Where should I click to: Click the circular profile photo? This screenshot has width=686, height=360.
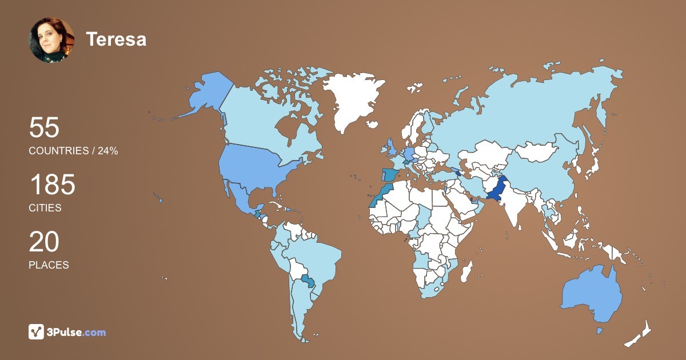tap(51, 40)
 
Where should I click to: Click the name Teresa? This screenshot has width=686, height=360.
tap(116, 39)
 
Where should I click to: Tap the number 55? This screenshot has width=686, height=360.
tap(44, 128)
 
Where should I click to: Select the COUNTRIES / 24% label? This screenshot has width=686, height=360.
tap(73, 151)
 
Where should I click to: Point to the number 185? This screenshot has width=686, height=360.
tap(52, 185)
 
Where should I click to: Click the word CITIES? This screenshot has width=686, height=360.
tap(45, 208)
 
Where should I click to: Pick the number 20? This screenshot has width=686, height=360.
tap(44, 242)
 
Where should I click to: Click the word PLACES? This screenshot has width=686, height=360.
tap(49, 265)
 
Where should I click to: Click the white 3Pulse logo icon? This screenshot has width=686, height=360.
tap(37, 332)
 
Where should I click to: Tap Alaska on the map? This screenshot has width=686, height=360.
tap(209, 94)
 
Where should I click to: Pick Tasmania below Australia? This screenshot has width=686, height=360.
tap(600, 331)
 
